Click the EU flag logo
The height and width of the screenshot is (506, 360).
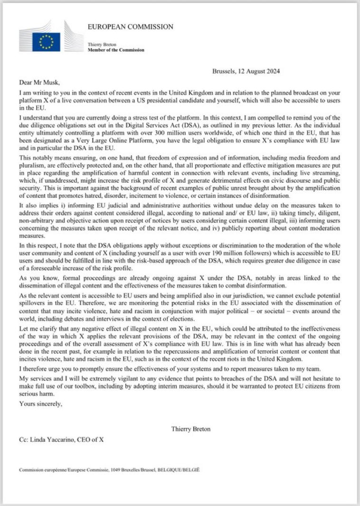pyautogui.click(x=46, y=42)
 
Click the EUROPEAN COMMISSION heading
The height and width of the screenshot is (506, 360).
pyautogui.click(x=130, y=27)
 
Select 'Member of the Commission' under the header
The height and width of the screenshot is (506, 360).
pyautogui.click(x=116, y=50)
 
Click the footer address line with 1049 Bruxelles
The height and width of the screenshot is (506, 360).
pyautogui.click(x=110, y=470)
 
